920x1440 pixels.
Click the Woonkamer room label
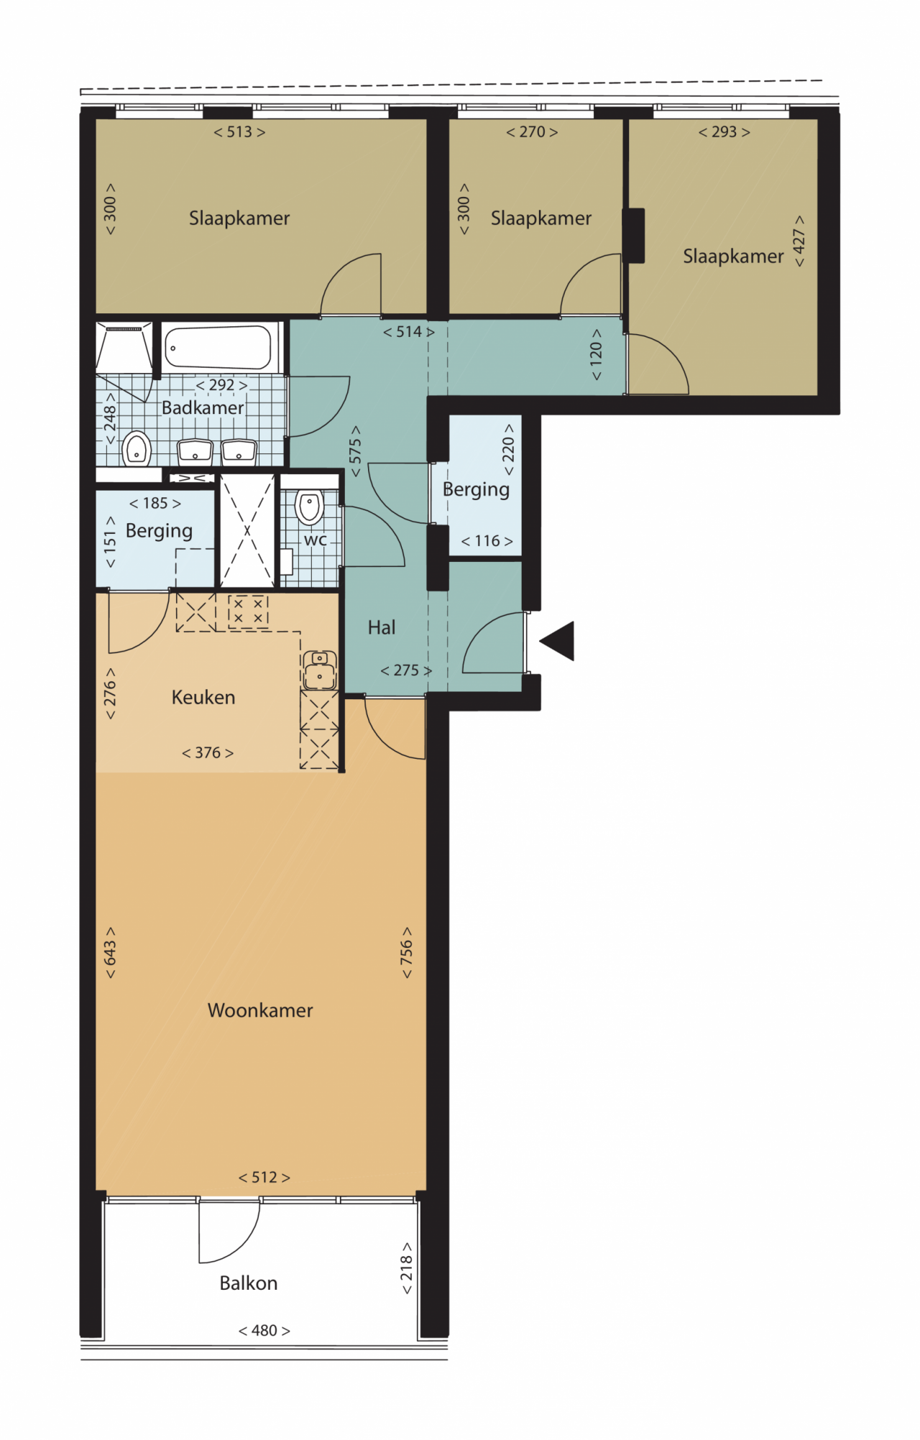260,1010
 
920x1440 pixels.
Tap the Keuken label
203,697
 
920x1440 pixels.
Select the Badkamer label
203,407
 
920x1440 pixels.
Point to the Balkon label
249,1283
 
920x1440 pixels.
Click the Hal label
382,627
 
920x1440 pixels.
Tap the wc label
316,540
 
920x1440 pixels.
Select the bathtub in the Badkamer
218,348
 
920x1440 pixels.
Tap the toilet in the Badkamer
136,448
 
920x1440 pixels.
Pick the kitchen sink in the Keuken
320,670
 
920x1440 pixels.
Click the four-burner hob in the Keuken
248,610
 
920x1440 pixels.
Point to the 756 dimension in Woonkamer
406,953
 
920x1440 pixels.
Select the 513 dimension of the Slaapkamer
239,132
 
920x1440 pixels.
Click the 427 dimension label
799,241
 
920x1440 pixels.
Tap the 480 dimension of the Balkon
264,1331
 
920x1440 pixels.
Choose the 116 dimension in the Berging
487,541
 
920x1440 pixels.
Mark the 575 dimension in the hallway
355,451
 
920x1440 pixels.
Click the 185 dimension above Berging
155,504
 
